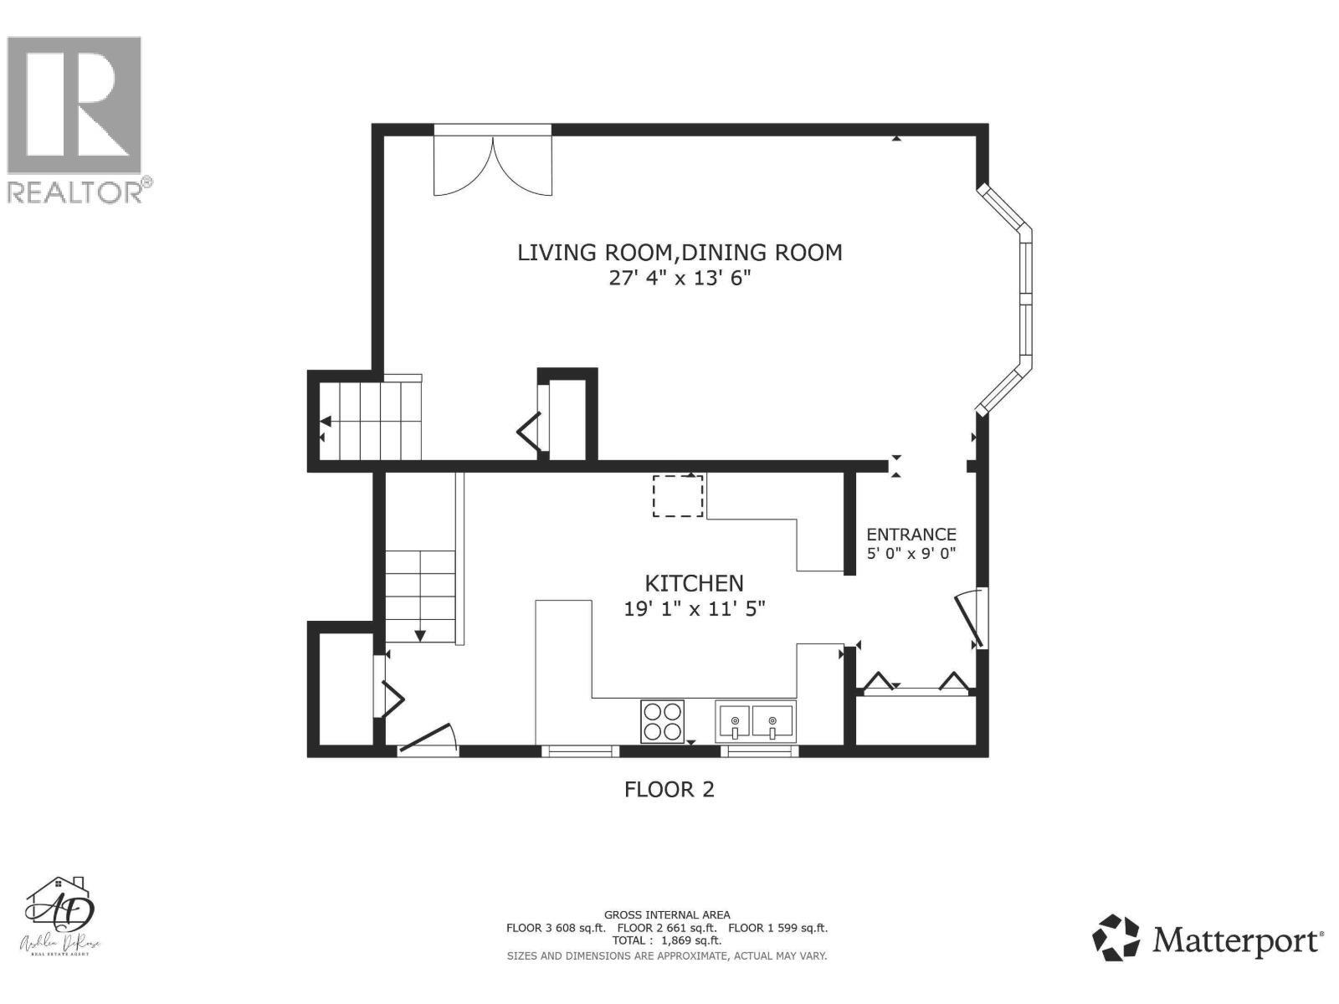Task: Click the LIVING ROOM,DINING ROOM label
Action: tap(680, 252)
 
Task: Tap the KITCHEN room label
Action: tap(694, 583)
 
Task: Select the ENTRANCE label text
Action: tap(911, 534)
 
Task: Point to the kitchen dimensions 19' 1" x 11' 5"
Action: tap(695, 609)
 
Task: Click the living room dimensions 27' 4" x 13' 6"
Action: tap(680, 278)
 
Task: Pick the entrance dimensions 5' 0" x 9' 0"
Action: tap(911, 553)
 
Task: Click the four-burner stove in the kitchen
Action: tap(662, 721)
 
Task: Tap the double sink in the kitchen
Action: tap(755, 721)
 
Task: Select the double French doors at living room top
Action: tap(493, 163)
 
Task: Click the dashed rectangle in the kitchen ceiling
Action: tap(678, 495)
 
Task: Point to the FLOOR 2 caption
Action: tap(669, 789)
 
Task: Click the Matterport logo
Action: tap(1208, 940)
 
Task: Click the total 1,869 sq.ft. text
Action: tap(667, 940)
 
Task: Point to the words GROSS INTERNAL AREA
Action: tap(667, 915)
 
